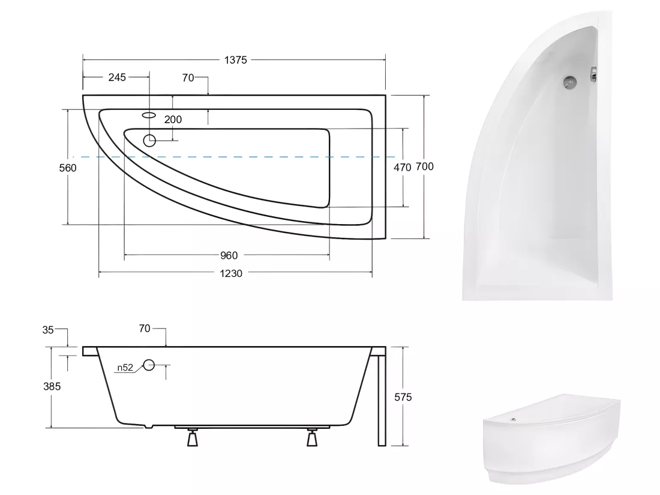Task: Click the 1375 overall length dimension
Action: pos(235,60)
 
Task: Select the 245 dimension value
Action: pos(117,77)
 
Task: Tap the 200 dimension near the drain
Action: pos(173,119)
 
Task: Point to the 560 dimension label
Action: pos(68,168)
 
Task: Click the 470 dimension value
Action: pos(402,167)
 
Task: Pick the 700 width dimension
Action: pos(424,166)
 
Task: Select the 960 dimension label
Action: pos(229,255)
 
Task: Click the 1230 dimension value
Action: pos(231,273)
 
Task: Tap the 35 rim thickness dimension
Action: pos(48,330)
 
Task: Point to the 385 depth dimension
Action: pos(52,386)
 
